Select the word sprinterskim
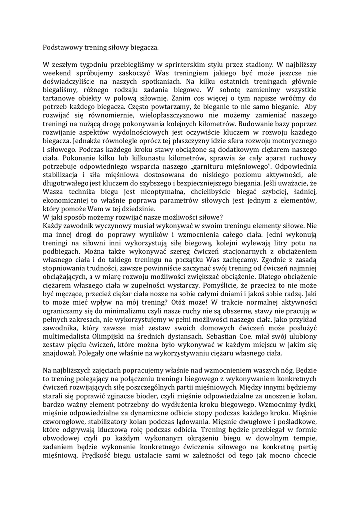point(200,65)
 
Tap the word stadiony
point(256,65)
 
